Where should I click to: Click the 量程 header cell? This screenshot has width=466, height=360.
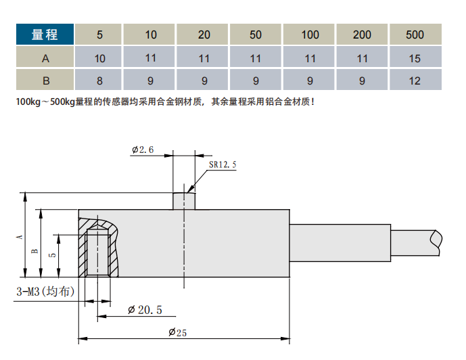tap(46, 35)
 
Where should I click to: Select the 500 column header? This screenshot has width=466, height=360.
tap(415, 35)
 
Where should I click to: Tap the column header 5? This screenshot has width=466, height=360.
tap(99, 35)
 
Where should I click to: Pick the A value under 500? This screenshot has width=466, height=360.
tap(415, 58)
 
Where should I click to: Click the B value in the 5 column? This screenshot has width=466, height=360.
tap(99, 81)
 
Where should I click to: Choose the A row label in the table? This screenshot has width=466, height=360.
tap(46, 58)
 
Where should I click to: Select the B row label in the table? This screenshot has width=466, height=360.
tap(46, 81)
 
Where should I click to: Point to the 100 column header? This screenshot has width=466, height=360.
tap(310, 35)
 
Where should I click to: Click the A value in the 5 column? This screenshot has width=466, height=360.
tap(99, 58)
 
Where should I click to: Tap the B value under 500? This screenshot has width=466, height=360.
tap(415, 81)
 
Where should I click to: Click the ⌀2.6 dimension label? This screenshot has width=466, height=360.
tap(143, 150)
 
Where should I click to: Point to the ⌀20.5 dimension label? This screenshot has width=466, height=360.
tap(145, 310)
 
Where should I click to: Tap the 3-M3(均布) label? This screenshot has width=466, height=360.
tap(45, 292)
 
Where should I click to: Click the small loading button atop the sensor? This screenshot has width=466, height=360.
tap(184, 201)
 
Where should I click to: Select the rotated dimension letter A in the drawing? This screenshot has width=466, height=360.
tap(20, 236)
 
